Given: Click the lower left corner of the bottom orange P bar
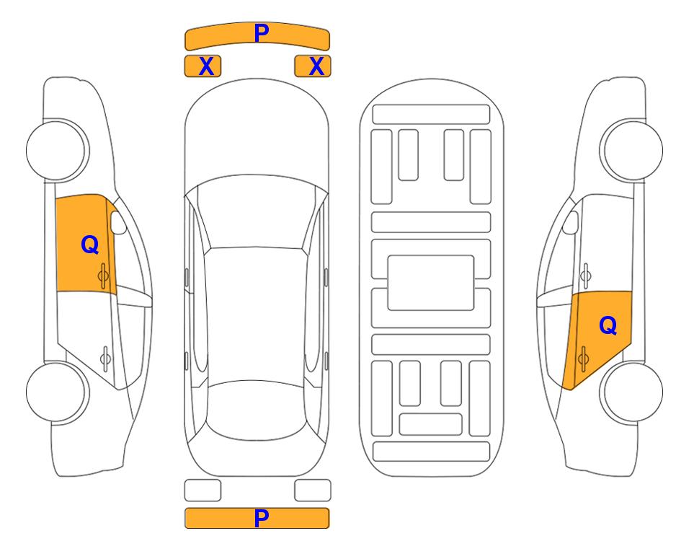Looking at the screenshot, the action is click(185, 528).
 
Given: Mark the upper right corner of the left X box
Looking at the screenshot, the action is click(221, 56).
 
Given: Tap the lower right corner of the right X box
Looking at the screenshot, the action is click(331, 76).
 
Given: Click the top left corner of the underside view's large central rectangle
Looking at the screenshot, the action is click(388, 256).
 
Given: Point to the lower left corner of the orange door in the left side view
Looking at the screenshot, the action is click(57, 291).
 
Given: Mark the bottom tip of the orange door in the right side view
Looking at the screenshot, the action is click(571, 390).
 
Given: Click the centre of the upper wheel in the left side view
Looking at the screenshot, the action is click(57, 150).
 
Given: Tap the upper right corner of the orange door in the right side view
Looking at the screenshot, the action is click(631, 291).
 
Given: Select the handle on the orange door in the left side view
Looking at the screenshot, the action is click(103, 276).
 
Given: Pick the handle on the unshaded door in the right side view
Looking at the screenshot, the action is click(586, 276).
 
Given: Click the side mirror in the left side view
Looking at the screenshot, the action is click(118, 222).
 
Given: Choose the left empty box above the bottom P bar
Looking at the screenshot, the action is click(203, 491).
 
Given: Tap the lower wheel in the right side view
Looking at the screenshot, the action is click(631, 392).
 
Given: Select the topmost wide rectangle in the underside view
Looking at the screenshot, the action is click(431, 115).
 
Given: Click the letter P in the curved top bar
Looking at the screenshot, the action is click(262, 33).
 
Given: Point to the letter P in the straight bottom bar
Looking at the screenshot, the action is click(262, 518).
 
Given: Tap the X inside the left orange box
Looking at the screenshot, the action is click(206, 66).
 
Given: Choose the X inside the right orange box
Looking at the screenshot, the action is click(316, 66).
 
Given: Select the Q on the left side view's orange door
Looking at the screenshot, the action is click(90, 245).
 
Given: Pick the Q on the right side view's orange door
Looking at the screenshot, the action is click(608, 326).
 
